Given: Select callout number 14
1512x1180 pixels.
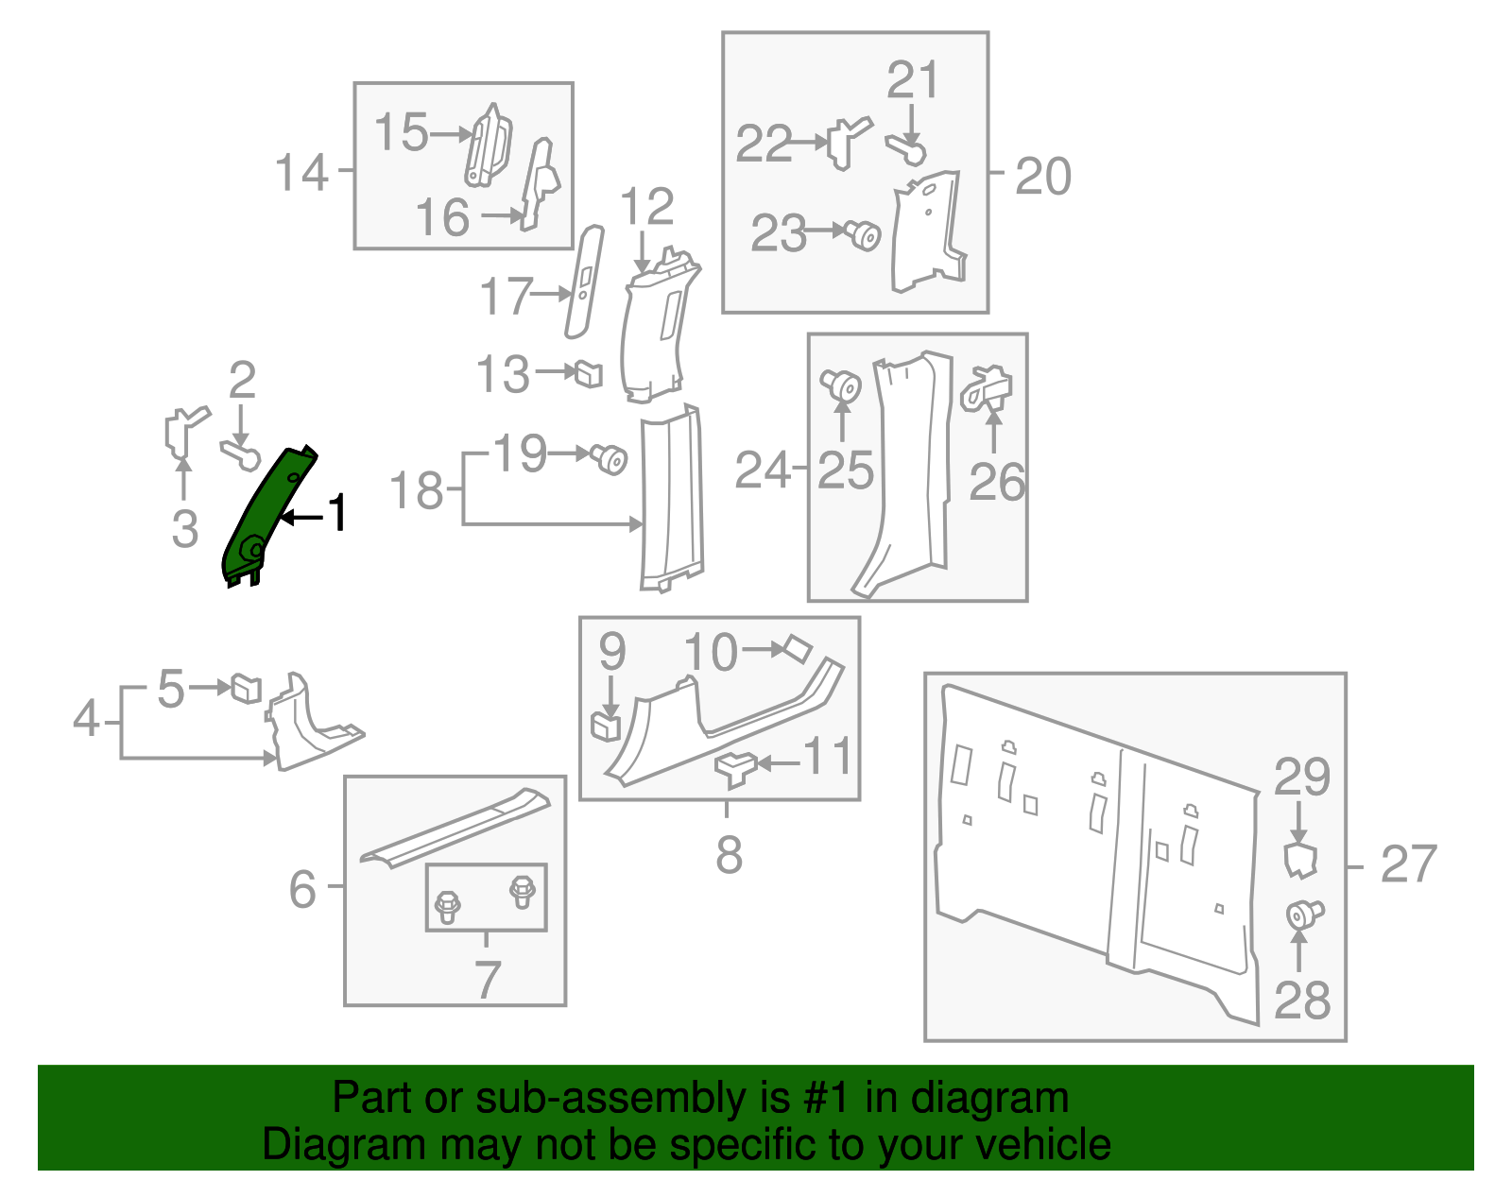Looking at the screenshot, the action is coord(301,173).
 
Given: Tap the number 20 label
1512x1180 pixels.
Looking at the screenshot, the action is coord(1043,176).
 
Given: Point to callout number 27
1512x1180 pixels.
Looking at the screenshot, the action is coord(1409,864).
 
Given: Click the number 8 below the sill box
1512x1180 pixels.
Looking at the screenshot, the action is coord(729,855).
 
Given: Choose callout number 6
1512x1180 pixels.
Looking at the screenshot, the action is coord(302,889).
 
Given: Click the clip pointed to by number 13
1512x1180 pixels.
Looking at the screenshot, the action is coord(589,373).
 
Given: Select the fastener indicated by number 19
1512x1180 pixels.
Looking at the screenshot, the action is coord(610,459).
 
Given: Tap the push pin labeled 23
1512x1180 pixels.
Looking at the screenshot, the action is coord(862,236).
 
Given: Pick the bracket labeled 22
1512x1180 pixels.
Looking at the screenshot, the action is coord(848,143).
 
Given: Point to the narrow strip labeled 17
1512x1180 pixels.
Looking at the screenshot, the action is coord(584,282).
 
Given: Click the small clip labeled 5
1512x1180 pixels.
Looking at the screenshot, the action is coord(247,689).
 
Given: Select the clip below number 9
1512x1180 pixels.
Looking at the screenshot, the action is coord(606,726).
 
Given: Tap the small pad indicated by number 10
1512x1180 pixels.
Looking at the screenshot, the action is coord(799,649).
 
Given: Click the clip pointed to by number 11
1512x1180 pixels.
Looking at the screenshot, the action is coord(735,769).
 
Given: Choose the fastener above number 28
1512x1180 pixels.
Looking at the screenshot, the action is coord(1304,915).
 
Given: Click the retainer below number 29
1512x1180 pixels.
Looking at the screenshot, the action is coord(1300,860).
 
